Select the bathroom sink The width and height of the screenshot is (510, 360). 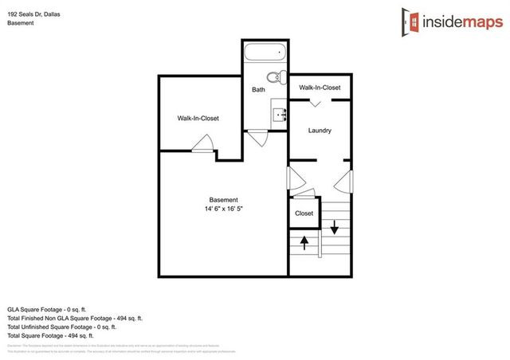(x=280, y=115)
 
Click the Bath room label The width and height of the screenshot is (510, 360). (x=258, y=90)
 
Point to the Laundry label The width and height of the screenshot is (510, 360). (x=319, y=131)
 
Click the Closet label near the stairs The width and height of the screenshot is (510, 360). (x=304, y=213)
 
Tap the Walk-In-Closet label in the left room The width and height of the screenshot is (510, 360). (x=198, y=118)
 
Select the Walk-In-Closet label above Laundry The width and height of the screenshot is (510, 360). (x=320, y=88)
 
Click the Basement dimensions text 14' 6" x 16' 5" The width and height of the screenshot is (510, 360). (x=223, y=209)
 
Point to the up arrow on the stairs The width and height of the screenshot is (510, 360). (x=304, y=242)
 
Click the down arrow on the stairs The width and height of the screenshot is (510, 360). (x=335, y=225)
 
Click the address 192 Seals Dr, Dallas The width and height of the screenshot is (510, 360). (x=38, y=14)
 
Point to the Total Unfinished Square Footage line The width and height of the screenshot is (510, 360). (x=62, y=327)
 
